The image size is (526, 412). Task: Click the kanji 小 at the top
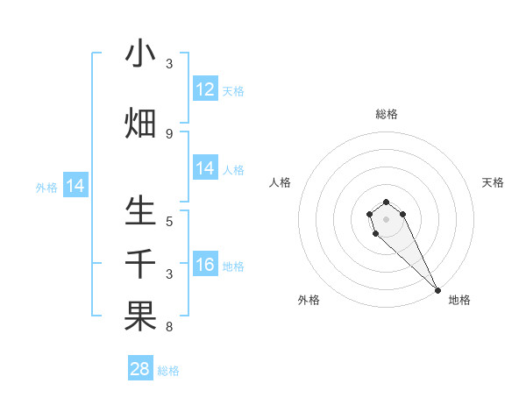[140, 54]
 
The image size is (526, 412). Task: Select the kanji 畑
[140, 123]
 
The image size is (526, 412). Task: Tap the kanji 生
[140, 211]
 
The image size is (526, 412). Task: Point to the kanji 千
[140, 264]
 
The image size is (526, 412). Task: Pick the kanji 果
[140, 316]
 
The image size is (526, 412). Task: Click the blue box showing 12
[205, 89]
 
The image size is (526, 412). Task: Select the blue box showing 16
[205, 266]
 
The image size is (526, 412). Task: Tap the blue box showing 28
[140, 369]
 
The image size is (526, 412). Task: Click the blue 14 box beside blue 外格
[75, 186]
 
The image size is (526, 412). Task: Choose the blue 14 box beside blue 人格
[205, 169]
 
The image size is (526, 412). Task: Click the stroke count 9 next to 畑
[169, 134]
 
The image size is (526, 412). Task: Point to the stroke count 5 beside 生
[169, 222]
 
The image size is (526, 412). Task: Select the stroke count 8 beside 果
[169, 328]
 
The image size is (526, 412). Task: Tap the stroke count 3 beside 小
[169, 64]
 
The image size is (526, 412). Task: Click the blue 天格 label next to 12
[233, 90]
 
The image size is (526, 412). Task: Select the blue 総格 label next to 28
[168, 371]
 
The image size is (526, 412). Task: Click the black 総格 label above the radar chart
[387, 114]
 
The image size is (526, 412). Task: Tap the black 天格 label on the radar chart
[493, 182]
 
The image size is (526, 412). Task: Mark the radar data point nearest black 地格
[437, 290]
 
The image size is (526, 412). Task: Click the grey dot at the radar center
[387, 219]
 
